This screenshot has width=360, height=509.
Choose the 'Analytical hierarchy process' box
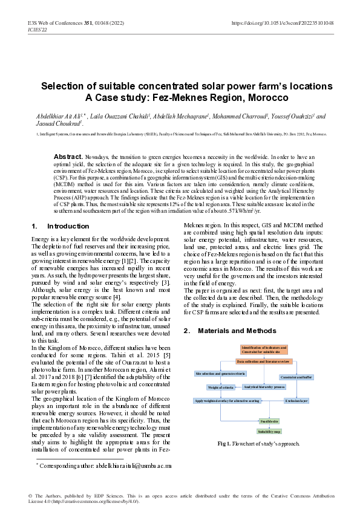click(263, 386)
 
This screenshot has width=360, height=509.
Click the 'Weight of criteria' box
click(221, 387)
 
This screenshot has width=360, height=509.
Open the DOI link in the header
click(283, 22)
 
